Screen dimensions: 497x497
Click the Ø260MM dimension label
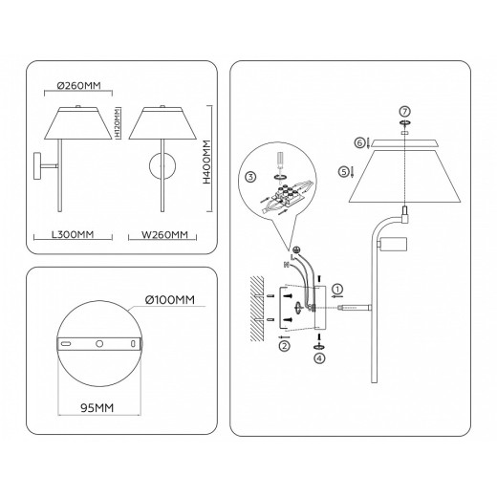click(x=80, y=85)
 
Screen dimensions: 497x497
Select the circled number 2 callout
click(x=284, y=347)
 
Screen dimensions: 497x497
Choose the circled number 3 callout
click(x=249, y=178)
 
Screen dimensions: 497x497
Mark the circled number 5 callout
click(x=343, y=172)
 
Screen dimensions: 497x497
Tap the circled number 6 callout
click(x=359, y=142)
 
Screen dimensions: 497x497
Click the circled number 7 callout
click(x=403, y=114)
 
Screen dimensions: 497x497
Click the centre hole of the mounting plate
click(x=98, y=341)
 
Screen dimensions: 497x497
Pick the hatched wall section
click(x=257, y=305)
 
